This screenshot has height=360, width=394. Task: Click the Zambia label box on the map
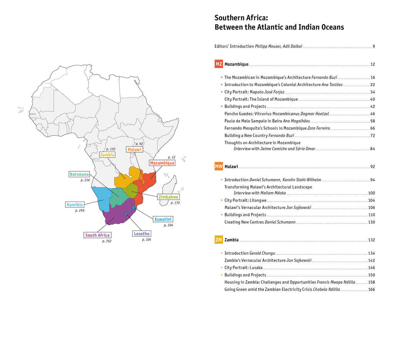click(x=107, y=155)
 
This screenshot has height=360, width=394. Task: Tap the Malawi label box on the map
click(x=134, y=149)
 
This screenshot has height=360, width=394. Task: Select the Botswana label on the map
click(x=79, y=174)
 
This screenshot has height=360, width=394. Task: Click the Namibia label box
click(x=75, y=205)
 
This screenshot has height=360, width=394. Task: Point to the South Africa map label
click(x=97, y=235)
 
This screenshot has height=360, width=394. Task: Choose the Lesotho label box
click(x=142, y=234)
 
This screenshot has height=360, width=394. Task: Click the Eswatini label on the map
click(x=163, y=219)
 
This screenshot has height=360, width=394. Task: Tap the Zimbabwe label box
click(x=169, y=197)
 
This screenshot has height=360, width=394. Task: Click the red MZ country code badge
click(x=219, y=64)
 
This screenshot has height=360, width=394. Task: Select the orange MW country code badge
click(x=219, y=167)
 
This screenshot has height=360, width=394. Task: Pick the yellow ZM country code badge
click(x=219, y=240)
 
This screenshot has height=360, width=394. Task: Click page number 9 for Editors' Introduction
click(x=374, y=47)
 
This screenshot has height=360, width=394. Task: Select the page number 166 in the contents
click(x=371, y=289)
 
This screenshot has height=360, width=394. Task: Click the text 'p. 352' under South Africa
click(x=107, y=241)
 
